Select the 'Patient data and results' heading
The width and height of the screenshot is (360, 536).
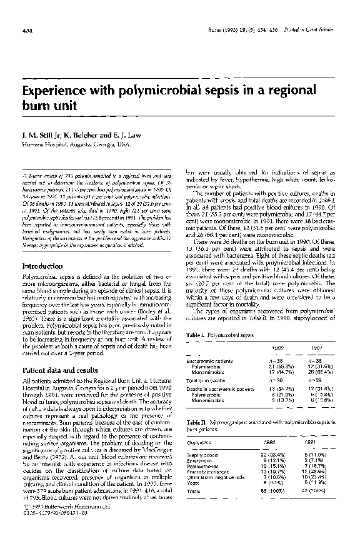coord(62,371)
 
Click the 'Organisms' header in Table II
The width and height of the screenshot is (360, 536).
coord(200,441)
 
